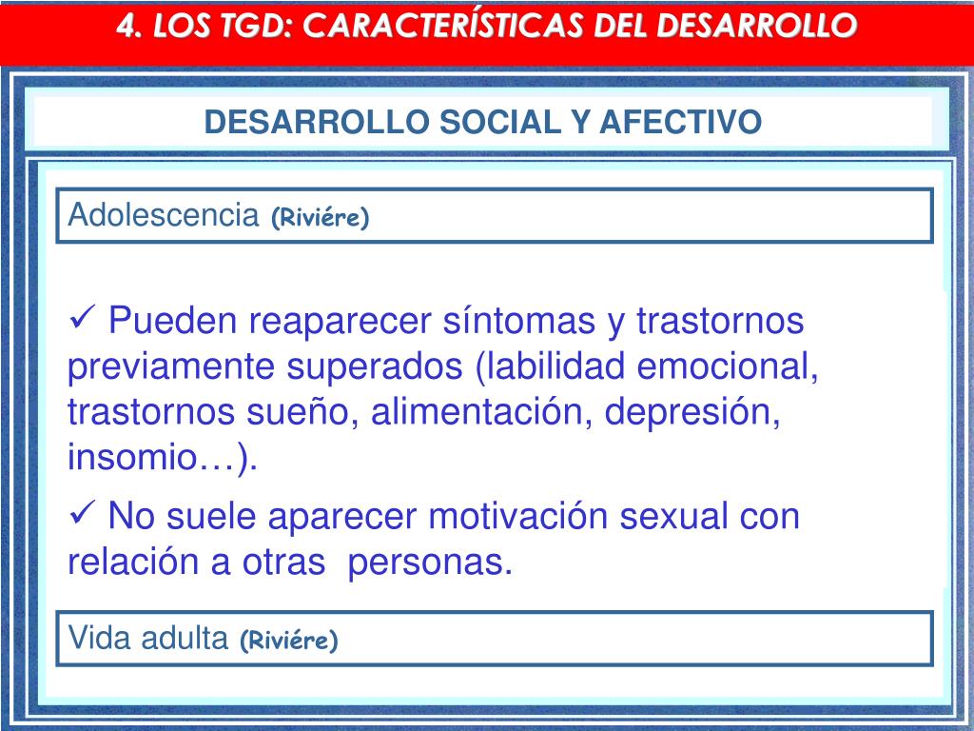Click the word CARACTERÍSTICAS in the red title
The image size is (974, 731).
tap(443, 26)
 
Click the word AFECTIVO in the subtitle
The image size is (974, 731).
tap(680, 122)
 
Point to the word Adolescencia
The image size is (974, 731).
tap(164, 214)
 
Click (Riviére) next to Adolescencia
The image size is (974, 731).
tap(320, 218)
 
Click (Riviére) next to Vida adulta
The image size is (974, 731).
tap(289, 641)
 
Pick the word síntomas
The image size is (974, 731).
tap(519, 321)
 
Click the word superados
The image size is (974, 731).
tap(375, 366)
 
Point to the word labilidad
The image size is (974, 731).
tap(555, 365)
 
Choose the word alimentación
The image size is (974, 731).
tap(482, 411)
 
